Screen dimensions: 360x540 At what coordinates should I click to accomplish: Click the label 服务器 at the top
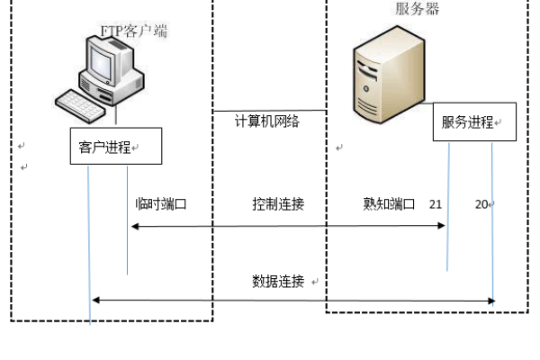(x=418, y=9)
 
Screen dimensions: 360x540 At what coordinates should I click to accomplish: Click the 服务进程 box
(x=474, y=123)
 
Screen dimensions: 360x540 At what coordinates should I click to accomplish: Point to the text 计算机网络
(x=267, y=121)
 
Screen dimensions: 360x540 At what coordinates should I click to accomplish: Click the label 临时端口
(x=160, y=204)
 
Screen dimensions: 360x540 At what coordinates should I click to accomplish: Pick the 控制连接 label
(x=278, y=204)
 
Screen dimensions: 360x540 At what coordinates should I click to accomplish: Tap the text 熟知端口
(x=382, y=204)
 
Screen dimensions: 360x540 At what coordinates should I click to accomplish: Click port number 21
(x=436, y=204)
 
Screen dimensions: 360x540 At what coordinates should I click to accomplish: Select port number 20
(x=481, y=204)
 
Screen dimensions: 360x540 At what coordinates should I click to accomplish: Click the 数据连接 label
(x=278, y=281)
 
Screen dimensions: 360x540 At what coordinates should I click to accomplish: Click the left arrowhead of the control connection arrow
(x=134, y=226)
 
